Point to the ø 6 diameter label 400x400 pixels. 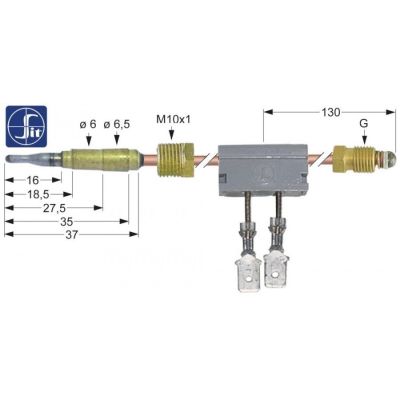89,125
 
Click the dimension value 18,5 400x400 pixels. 37,199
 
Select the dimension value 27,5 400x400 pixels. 42,213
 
